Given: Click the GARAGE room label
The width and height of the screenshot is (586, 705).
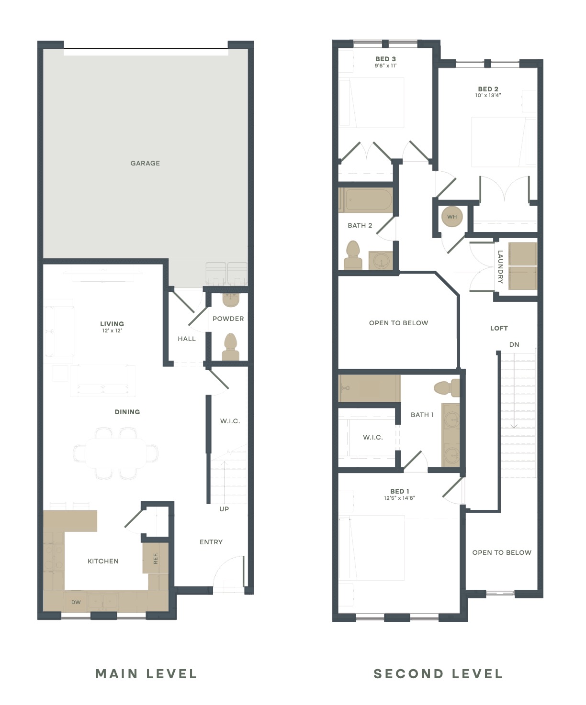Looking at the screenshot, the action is (x=145, y=164).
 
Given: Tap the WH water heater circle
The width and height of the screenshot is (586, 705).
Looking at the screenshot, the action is (x=452, y=217).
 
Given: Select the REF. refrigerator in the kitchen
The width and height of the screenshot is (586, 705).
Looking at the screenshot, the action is (x=156, y=558).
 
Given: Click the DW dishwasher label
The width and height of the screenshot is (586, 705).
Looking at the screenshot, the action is (x=76, y=602).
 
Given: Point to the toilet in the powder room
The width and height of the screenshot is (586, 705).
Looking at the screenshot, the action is (x=230, y=347).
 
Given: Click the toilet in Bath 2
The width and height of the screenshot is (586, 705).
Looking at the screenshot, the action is (x=353, y=255).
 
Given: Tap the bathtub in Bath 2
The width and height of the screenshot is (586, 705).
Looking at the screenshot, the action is (x=366, y=200).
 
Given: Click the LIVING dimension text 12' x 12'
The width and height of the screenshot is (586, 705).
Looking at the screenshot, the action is (x=112, y=331).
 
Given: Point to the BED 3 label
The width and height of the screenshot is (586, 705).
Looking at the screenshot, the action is (x=385, y=59).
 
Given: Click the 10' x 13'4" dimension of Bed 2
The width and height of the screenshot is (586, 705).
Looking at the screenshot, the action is (x=488, y=96).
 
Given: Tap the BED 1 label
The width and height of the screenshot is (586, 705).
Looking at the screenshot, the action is (x=399, y=491).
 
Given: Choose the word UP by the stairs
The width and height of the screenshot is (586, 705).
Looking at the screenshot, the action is (x=224, y=509).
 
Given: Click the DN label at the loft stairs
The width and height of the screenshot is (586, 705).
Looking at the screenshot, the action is (x=514, y=344).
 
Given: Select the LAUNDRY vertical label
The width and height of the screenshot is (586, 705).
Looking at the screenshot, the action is (x=500, y=267).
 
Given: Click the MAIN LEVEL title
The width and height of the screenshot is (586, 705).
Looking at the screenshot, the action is (x=146, y=674).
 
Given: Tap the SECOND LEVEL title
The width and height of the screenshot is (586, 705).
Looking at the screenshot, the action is (x=438, y=674).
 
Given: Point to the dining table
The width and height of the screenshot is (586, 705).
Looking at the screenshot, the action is (x=115, y=453).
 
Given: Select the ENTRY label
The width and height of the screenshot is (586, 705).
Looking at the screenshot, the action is (x=211, y=542).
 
